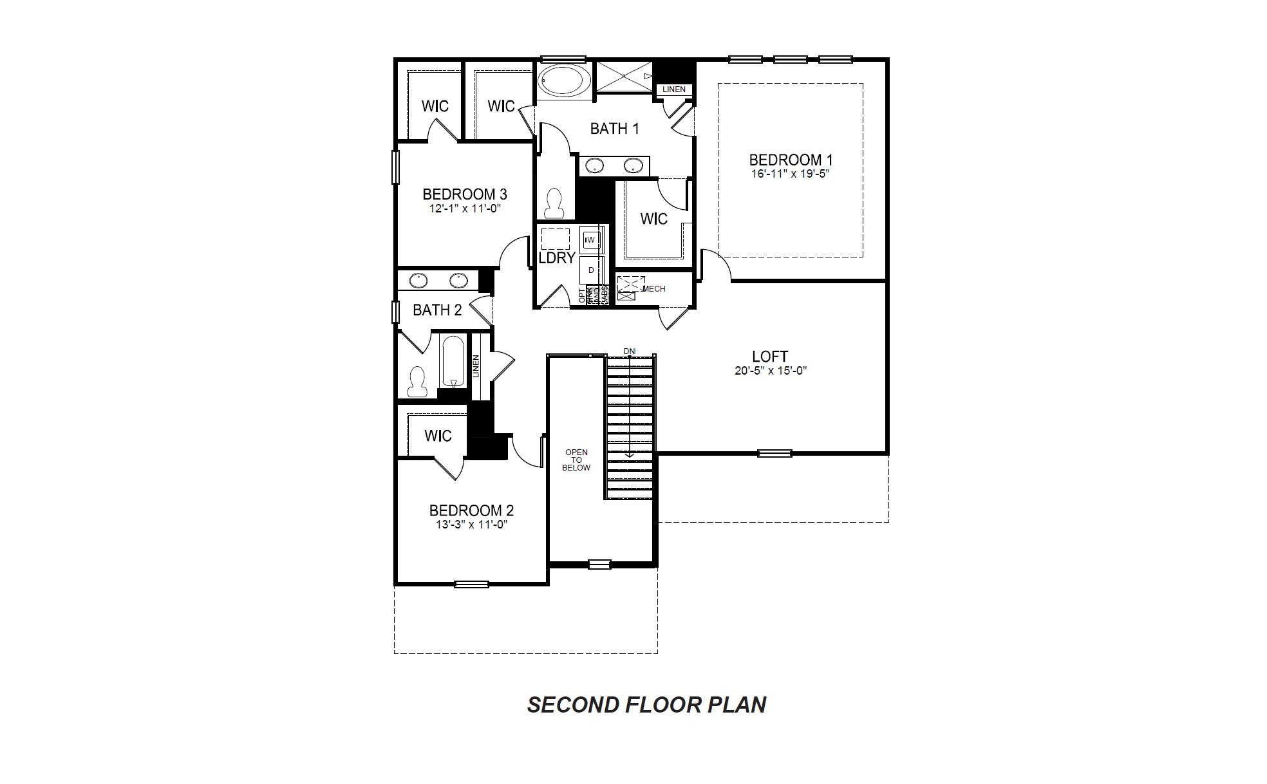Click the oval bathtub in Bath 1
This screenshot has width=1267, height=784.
point(563,82)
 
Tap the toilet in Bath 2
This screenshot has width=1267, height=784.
point(418,382)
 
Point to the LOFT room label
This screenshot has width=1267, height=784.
point(770,357)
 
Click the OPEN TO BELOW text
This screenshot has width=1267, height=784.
point(576,460)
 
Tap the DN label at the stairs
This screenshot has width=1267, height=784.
point(630,351)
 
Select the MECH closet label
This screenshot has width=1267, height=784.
point(654,289)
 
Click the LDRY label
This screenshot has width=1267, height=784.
point(557,258)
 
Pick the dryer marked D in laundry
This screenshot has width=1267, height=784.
point(591,270)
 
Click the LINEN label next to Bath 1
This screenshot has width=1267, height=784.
point(674,89)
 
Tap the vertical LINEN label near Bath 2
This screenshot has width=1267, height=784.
point(476,367)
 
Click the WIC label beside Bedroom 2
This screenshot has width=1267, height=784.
point(438,436)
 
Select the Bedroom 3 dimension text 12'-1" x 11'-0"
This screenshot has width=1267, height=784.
point(465,209)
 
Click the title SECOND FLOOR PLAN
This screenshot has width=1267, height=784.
point(646,705)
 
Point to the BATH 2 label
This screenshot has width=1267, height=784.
point(437,310)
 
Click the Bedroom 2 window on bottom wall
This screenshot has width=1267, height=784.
point(471,584)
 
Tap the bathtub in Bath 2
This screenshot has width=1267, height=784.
point(453,362)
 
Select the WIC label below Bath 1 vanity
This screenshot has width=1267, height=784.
point(653,219)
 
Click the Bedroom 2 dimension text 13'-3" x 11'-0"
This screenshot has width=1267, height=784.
point(471,525)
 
